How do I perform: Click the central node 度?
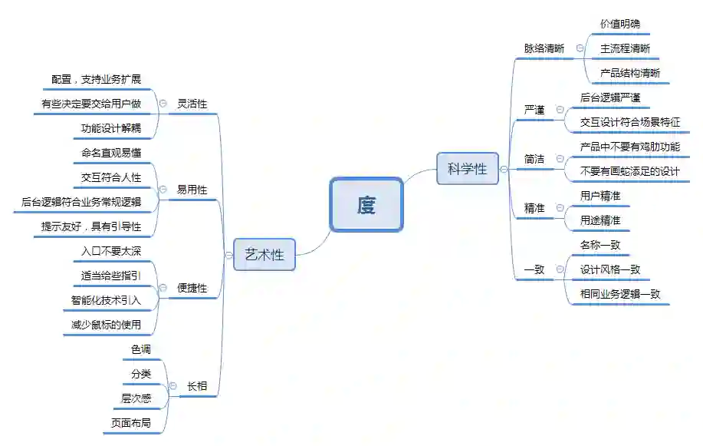366,205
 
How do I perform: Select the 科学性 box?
467,169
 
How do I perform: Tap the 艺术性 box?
264,255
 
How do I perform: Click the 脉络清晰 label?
544,48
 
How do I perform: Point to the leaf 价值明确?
619,24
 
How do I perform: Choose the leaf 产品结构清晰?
629,73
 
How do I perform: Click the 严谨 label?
534,110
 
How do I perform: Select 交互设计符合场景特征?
630,122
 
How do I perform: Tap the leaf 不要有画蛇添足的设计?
630,171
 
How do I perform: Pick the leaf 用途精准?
600,220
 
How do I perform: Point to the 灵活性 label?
192,104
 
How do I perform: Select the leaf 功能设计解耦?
111,128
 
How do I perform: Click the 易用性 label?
192,190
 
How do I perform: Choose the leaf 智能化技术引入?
106,300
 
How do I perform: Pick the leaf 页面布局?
131,423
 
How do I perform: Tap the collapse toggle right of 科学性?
504,169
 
